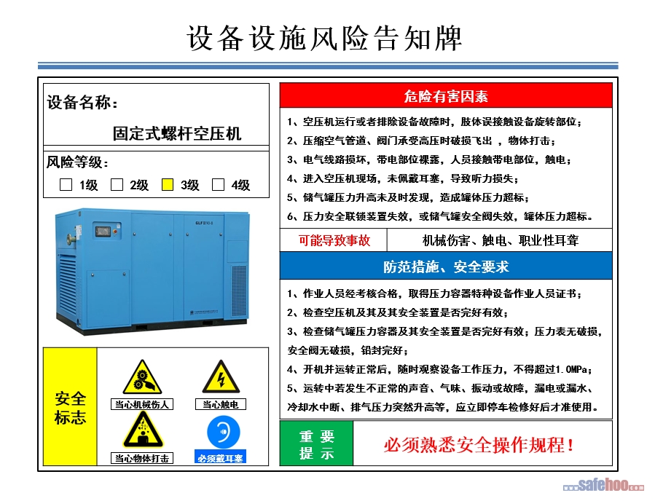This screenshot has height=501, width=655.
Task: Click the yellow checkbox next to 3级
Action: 168,184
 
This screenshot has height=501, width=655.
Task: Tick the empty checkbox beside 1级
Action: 66,184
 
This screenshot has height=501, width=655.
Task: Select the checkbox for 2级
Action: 117,184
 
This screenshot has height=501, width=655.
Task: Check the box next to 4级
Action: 218,184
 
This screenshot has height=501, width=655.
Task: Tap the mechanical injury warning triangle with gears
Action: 142,378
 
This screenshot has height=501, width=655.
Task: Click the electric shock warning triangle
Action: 221,378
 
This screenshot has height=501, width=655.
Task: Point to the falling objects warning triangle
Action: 143,430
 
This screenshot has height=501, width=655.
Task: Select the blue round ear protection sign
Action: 224,432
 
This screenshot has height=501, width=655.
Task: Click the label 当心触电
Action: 221,404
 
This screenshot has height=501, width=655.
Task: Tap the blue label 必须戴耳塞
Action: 220,458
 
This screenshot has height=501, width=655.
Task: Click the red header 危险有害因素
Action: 446,96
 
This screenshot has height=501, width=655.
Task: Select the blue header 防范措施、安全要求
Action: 446,267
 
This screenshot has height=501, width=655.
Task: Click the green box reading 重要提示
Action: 317,443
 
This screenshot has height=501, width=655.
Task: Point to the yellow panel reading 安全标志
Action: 70,406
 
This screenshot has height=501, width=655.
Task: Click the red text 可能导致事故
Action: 334,240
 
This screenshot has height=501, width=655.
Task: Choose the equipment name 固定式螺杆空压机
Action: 177,133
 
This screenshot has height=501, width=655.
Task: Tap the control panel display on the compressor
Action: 103,231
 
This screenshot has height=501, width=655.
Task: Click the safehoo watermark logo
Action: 603,485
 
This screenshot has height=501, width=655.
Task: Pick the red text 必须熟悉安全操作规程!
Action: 479,445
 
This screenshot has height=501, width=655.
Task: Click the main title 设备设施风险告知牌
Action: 324,38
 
